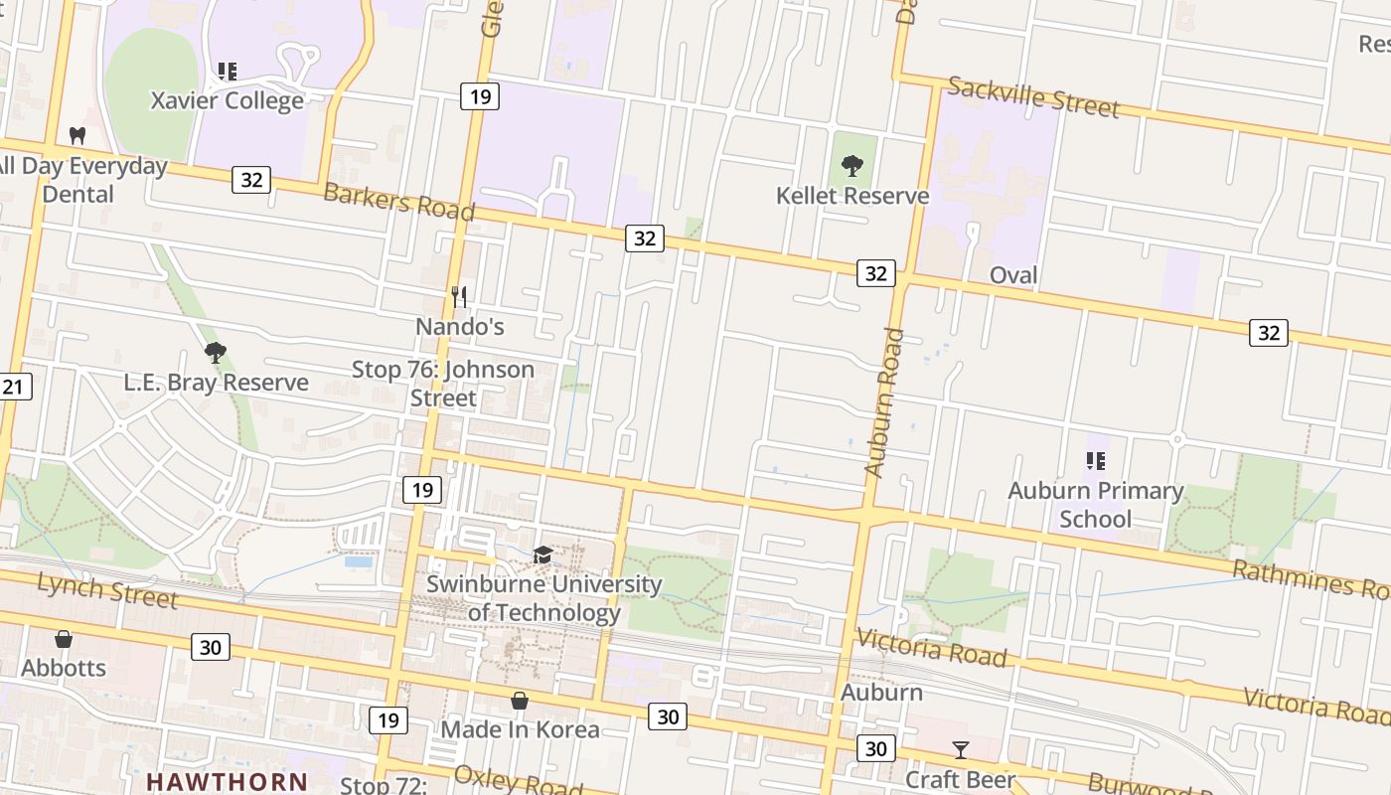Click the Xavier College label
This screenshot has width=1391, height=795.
227,100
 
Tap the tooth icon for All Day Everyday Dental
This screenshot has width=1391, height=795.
77,135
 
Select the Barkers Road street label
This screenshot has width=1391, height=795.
398,202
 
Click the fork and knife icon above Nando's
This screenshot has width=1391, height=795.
459,296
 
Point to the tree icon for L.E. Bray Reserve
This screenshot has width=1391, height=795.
215,352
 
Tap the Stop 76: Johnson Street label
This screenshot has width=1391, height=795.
443,384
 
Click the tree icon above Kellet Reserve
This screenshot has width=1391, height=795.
851,166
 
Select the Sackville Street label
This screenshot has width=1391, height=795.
1033,96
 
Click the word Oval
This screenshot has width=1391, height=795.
1013,275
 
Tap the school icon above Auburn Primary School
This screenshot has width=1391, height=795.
1096,460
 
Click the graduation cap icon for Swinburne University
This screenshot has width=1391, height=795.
542,555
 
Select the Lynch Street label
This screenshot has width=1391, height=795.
107,589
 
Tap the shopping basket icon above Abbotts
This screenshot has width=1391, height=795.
64,639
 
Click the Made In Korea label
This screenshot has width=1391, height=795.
520,729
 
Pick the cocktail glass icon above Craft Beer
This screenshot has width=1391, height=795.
961,749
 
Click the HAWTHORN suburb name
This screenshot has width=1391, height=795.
227,782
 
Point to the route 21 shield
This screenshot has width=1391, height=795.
13,386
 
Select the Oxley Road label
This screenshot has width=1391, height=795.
517,779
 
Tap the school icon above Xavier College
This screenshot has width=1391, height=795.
228,72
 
